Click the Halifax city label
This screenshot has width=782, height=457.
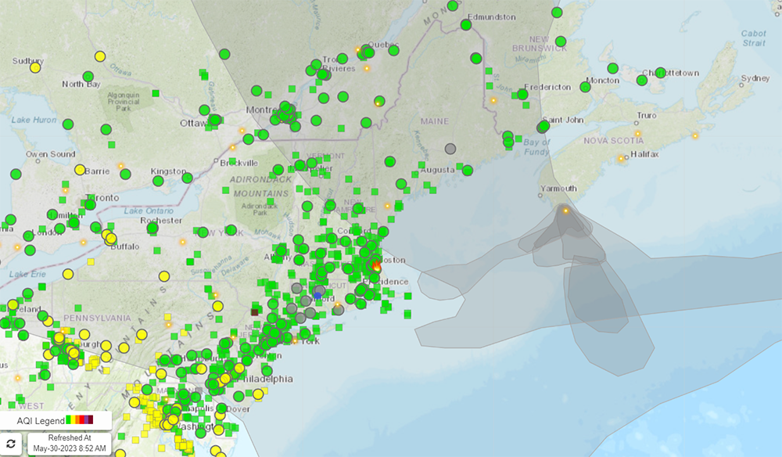[x=645, y=154]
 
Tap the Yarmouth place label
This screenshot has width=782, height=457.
[x=558, y=189]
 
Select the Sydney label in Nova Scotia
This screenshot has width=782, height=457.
[x=755, y=78]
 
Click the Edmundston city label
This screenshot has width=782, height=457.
[x=491, y=16]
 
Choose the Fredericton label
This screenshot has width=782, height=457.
[x=548, y=87]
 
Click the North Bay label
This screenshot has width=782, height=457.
[x=81, y=84]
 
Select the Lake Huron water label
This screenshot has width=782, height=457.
[x=34, y=120]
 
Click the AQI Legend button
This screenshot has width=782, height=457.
[x=55, y=420]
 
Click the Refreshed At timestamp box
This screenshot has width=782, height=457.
[x=70, y=444]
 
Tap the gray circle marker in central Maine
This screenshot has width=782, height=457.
[x=450, y=149]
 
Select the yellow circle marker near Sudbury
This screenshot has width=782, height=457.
[x=35, y=67]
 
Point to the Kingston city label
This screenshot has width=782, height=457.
[x=169, y=171]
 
